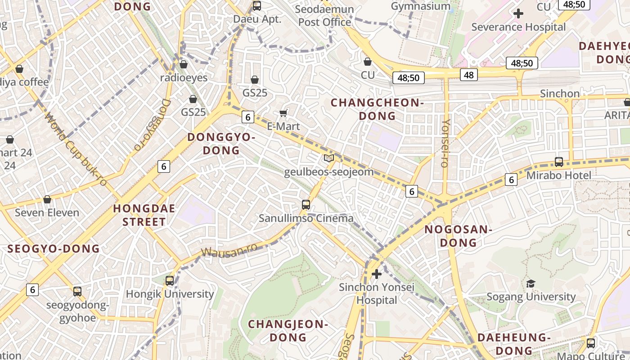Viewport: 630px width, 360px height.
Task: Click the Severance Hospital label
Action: click(518, 27)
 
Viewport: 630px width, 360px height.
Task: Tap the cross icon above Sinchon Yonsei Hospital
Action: click(377, 274)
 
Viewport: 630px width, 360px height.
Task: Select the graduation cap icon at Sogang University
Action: click(531, 283)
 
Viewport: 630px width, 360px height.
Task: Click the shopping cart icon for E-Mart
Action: click(283, 112)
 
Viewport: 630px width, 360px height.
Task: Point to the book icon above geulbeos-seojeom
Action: click(329, 158)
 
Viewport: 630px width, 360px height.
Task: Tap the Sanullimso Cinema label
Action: click(306, 219)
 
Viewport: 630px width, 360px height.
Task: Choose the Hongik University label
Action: click(170, 294)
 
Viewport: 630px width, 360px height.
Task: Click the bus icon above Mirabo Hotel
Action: click(559, 162)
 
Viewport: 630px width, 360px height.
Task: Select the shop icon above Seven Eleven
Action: click(47, 199)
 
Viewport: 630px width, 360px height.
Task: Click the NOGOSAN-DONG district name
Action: click(458, 236)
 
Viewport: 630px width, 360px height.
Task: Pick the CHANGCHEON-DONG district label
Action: click(377, 109)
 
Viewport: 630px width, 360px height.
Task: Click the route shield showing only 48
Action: click(469, 75)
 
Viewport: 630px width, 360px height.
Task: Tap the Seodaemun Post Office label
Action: click(324, 15)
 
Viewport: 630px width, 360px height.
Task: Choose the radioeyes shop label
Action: click(184, 78)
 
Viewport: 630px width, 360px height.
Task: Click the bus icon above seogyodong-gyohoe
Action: click(77, 291)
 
